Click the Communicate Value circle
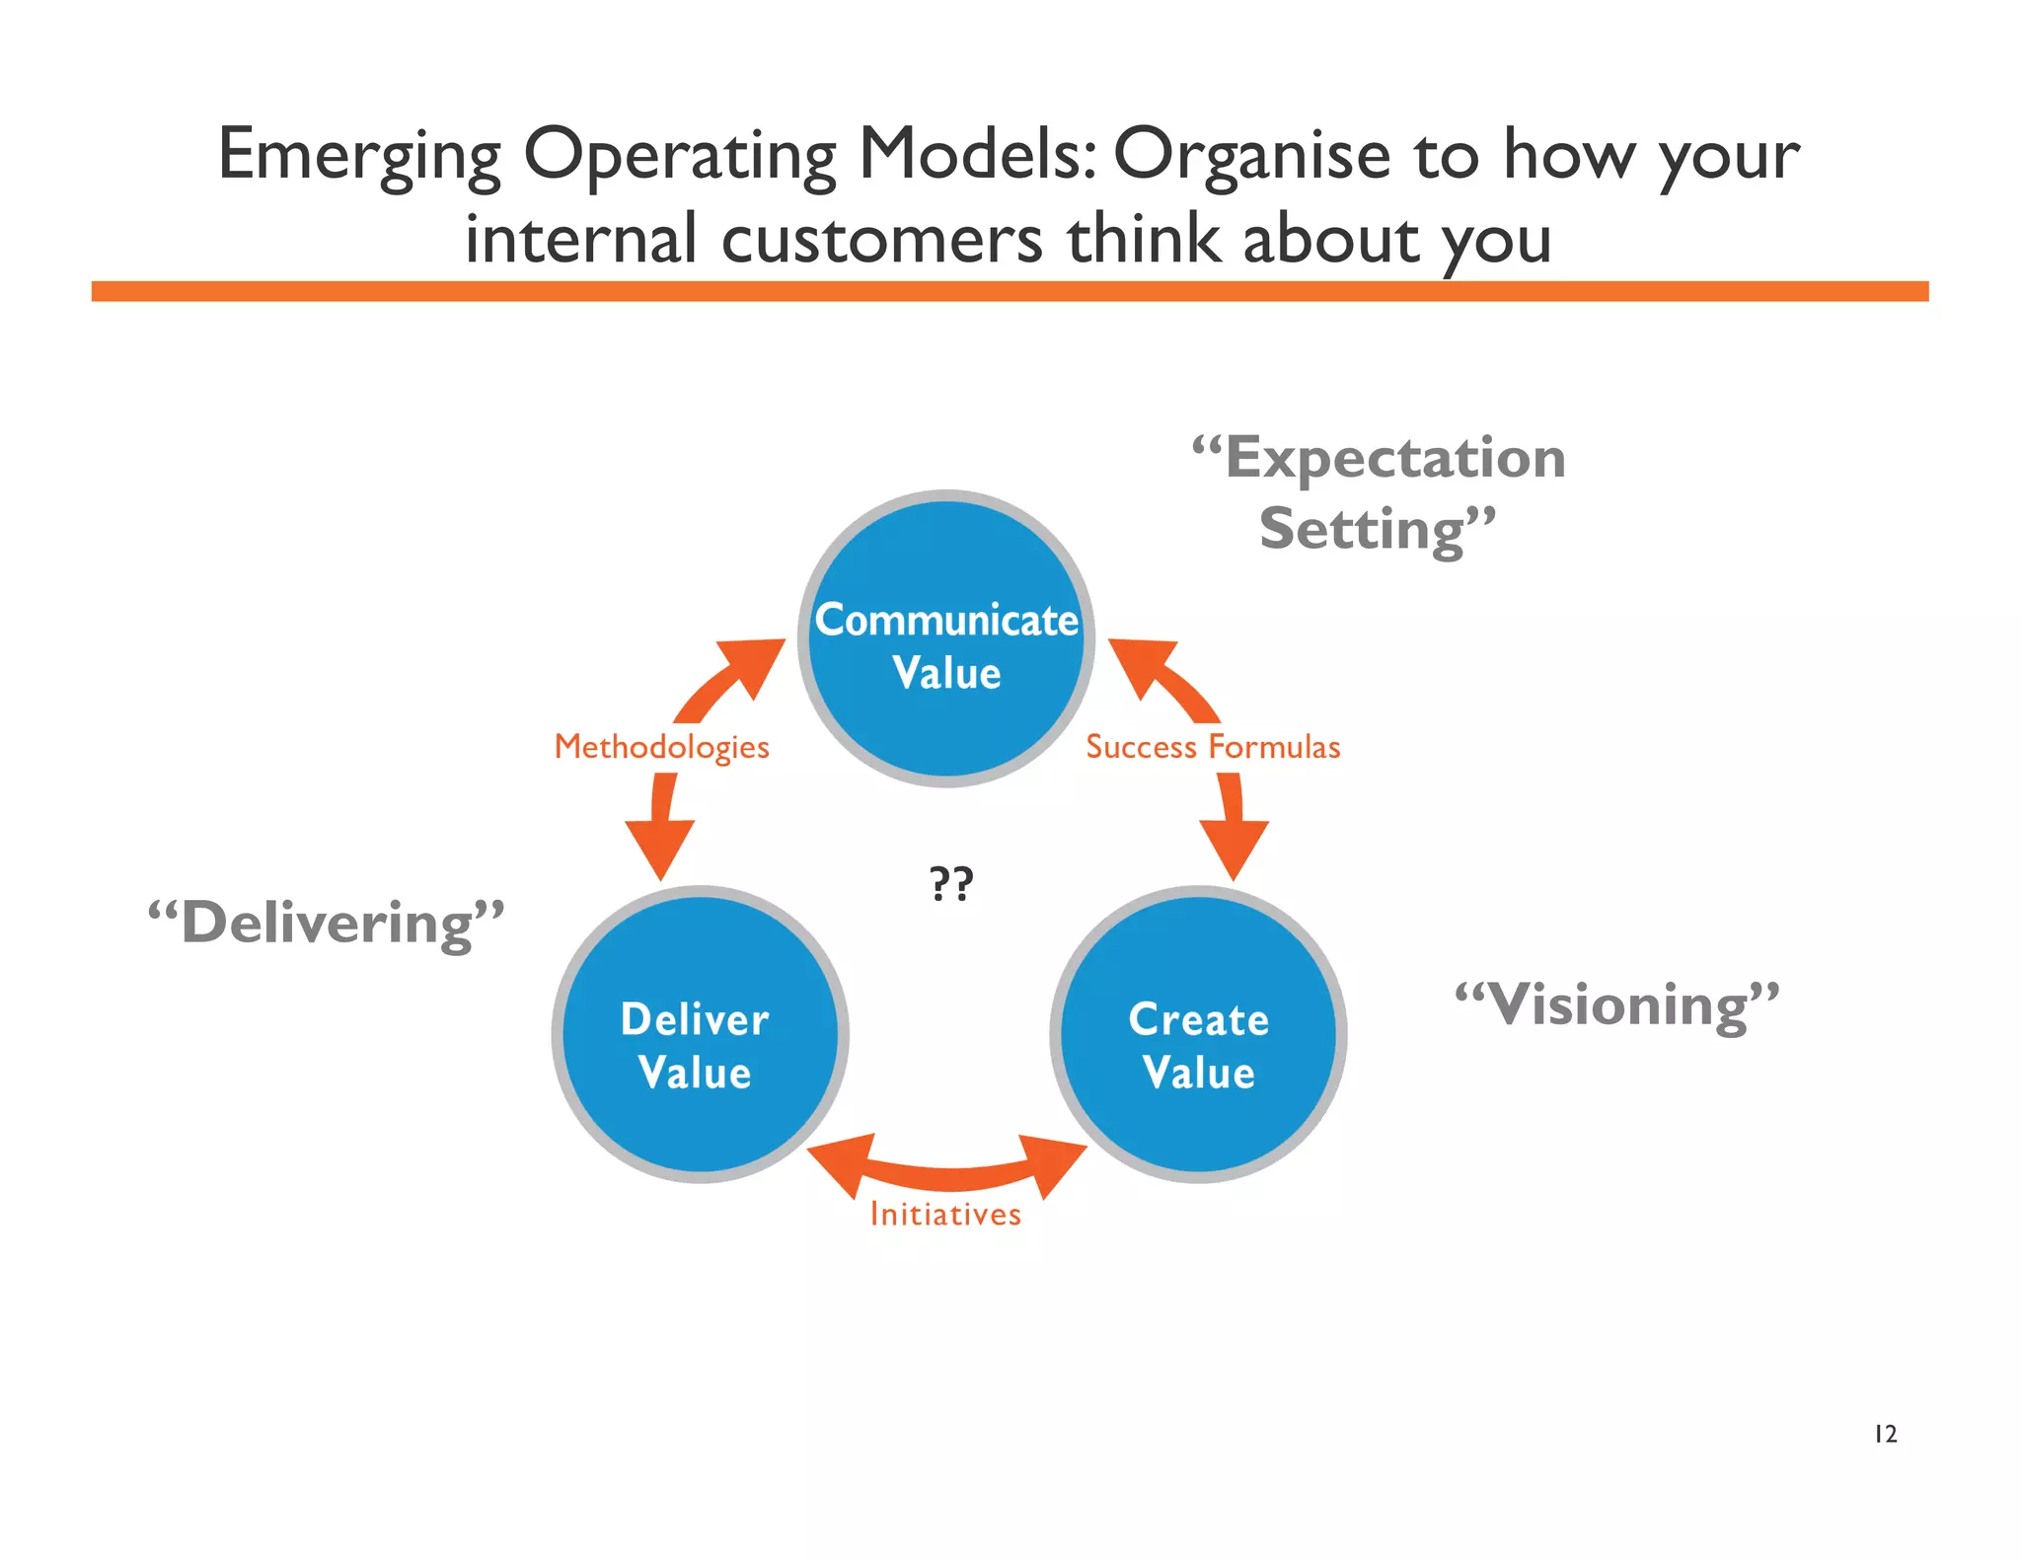(x=945, y=639)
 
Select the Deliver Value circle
(x=699, y=1034)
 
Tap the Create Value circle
(x=1198, y=1034)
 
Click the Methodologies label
(x=661, y=747)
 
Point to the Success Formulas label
(x=1213, y=747)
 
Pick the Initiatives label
(x=945, y=1214)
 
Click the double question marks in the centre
(x=951, y=883)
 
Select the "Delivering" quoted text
(x=327, y=923)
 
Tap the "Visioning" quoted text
(x=1617, y=1004)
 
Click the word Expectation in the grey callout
(x=1394, y=458)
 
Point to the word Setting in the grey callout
(x=1362, y=529)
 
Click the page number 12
(x=1885, y=1434)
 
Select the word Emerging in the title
(x=359, y=155)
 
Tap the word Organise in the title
(x=1251, y=155)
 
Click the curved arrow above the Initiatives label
(x=947, y=1174)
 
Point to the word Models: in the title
(x=977, y=155)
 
